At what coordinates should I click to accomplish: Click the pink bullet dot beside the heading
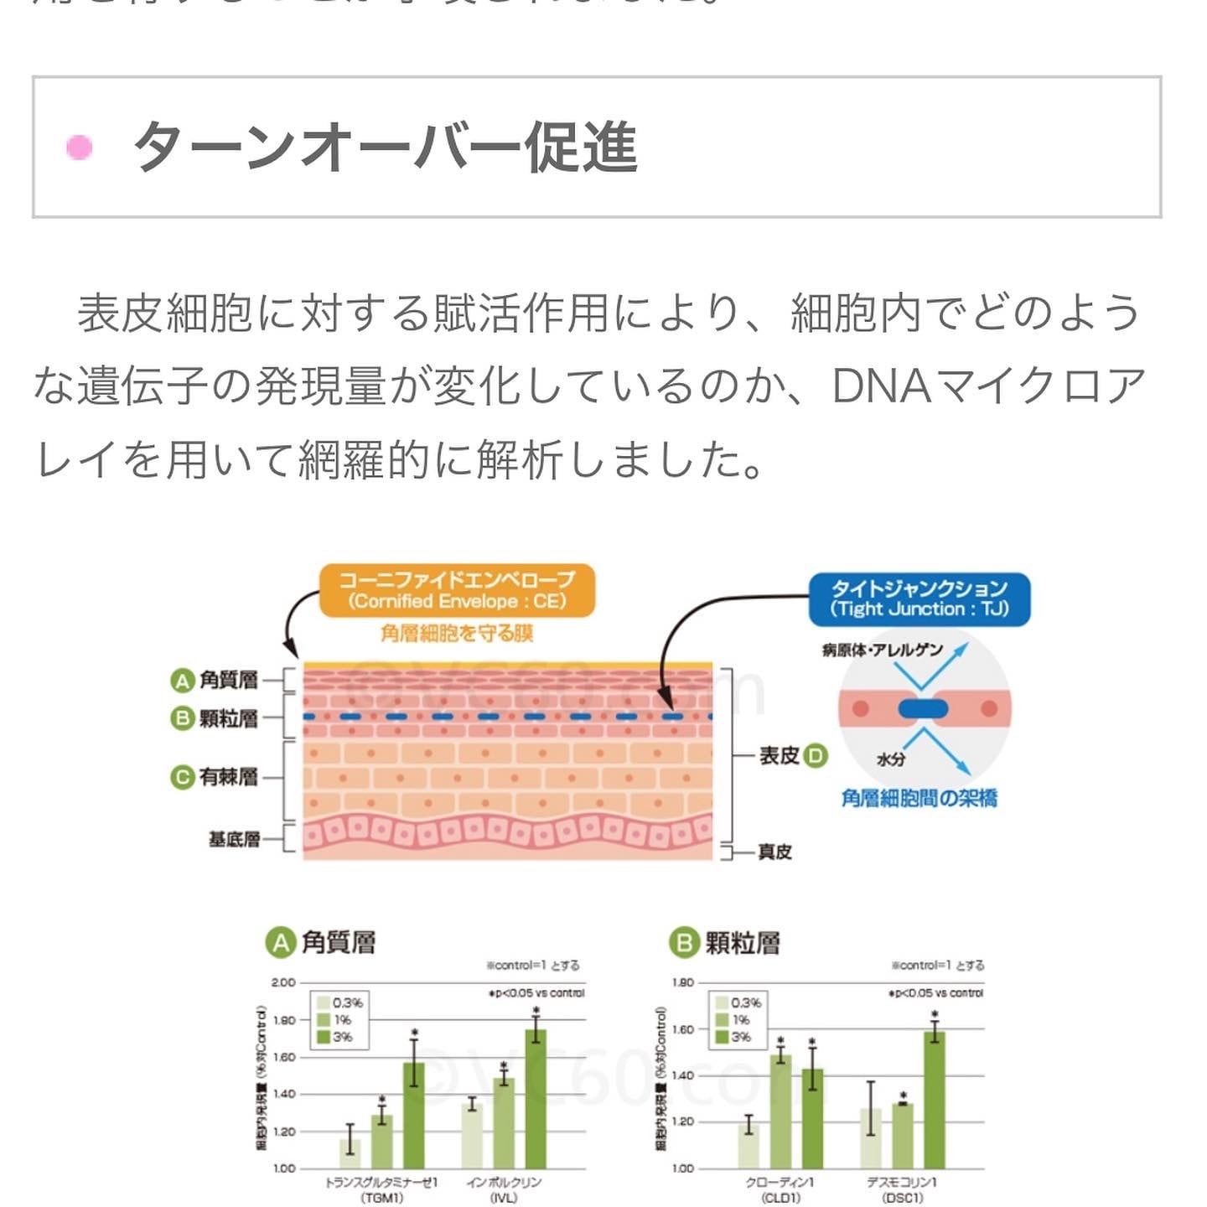click(80, 148)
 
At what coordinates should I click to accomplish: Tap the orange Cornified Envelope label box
click(457, 591)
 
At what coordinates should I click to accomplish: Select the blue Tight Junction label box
click(919, 598)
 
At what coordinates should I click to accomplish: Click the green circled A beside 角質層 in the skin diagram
click(182, 681)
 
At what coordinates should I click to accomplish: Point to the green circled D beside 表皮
click(816, 756)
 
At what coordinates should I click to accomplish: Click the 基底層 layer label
click(234, 839)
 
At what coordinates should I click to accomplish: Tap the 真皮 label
click(774, 852)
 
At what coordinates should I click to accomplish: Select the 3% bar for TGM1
click(414, 1115)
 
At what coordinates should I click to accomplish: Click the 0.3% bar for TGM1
click(350, 1153)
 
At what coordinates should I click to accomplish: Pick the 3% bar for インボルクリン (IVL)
click(536, 1098)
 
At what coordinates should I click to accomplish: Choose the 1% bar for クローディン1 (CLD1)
click(780, 1111)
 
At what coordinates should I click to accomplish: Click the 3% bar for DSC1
click(935, 1100)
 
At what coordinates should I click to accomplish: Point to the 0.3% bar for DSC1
click(871, 1138)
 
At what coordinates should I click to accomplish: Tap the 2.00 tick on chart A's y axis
click(283, 982)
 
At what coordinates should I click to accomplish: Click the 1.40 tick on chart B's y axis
click(683, 1075)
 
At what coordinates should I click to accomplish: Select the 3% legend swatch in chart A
click(324, 1037)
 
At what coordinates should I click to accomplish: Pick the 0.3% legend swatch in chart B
click(721, 1003)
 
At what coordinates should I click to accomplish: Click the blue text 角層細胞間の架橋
click(919, 798)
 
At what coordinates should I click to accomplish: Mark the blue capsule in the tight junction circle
click(923, 709)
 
